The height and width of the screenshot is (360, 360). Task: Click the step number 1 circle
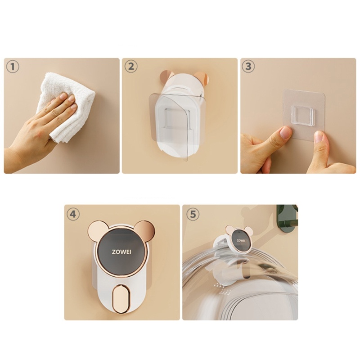coord(13,67)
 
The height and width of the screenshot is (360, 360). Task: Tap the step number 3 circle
coord(249,67)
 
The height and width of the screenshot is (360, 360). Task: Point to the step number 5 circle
coord(191,214)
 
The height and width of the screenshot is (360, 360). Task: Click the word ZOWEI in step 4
coord(121,252)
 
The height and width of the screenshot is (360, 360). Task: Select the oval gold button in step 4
coord(121,297)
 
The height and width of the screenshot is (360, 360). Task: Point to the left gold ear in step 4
coord(97,231)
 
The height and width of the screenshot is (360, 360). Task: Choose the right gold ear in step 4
coord(146,231)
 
